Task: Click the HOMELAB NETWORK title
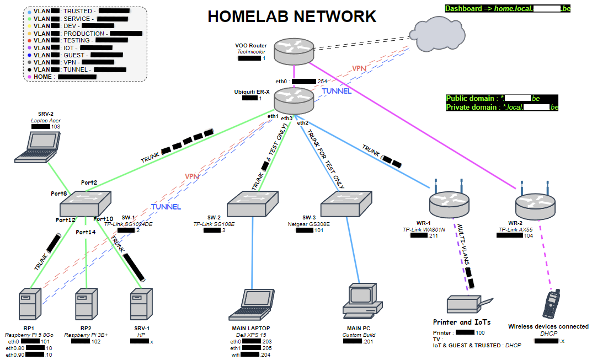coord(292,17)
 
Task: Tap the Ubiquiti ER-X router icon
coord(294,100)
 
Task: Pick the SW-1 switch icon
coord(86,203)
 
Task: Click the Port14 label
coord(86,232)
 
